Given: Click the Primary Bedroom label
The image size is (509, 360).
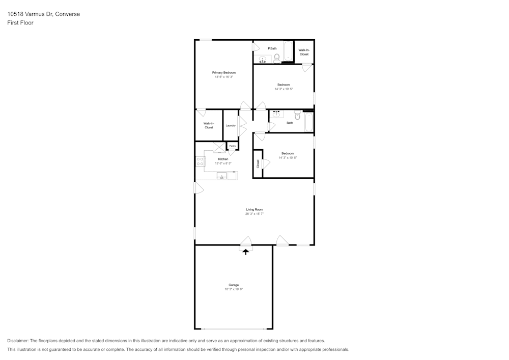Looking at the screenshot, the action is point(223,73).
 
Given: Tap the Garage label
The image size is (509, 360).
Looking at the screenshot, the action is point(234,285).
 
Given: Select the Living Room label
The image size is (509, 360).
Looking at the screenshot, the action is point(254,210).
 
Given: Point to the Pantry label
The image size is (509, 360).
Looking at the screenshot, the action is point(233,146).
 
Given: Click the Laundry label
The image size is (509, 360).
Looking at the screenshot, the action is point(231,126).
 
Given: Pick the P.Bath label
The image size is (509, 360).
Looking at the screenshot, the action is point(272,49).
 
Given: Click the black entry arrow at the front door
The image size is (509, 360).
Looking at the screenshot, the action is point(246,252).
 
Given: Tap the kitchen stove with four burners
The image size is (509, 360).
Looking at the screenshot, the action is point(200,161).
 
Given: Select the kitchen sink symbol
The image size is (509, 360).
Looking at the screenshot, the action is point(222,176).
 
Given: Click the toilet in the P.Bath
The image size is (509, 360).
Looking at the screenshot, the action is point(277,59).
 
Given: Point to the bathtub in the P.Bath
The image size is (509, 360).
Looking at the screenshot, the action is point(288,51).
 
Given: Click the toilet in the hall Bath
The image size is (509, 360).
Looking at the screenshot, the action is point(297,115).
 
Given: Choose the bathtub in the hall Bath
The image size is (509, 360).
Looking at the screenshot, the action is point(309,122).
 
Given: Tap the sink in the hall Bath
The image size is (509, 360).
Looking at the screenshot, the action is point(276,114).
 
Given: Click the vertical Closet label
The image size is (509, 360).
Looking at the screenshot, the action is point(258,163).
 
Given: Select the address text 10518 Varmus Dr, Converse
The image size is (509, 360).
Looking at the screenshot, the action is point(43,14).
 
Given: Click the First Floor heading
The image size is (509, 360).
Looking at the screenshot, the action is point(20,23).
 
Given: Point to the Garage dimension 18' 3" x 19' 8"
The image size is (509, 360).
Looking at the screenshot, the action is point(234,289).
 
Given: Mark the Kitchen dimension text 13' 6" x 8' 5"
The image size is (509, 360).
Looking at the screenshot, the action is point(223,163).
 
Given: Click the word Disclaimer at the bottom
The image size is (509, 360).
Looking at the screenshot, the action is point(17,341).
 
